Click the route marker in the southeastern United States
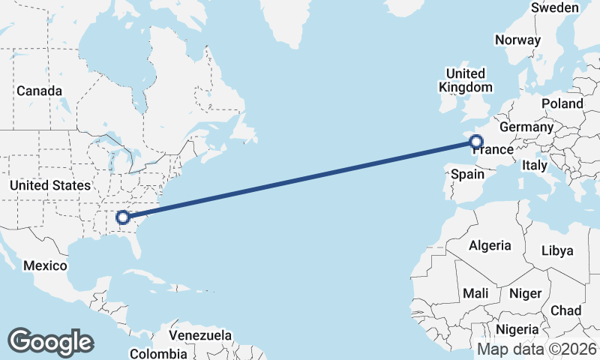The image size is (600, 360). [x=124, y=217]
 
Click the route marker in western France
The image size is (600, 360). [x=475, y=140]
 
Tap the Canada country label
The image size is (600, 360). [x=39, y=91]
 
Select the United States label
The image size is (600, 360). [x=50, y=185]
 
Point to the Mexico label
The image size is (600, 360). [x=45, y=265]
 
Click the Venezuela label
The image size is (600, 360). [x=200, y=335]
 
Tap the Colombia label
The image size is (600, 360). [x=158, y=353]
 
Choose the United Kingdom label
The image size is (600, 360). [x=465, y=80]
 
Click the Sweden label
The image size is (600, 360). [x=555, y=7]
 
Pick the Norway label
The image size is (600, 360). [x=518, y=40]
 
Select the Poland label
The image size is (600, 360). [x=562, y=103]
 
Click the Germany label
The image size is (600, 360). [x=526, y=127]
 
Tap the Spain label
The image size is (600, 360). [x=467, y=174]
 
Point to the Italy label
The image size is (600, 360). [x=535, y=165]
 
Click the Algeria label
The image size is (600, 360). [x=490, y=245]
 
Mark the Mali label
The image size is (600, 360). [x=475, y=293]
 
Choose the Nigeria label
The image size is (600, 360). [x=517, y=329]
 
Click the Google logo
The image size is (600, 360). [x=50, y=342]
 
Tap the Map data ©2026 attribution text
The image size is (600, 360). [x=536, y=349]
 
